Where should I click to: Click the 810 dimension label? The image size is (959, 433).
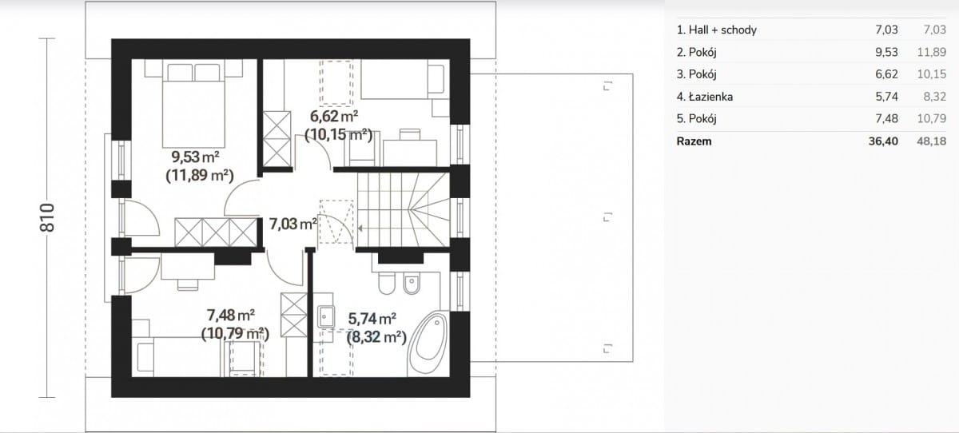pos(47,218)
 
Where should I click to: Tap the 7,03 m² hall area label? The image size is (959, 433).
pos(292,224)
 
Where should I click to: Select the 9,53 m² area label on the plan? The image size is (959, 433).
pos(195,157)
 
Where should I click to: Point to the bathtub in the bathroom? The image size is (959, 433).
pos(428,344)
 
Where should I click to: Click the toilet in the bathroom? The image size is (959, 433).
pos(387,283)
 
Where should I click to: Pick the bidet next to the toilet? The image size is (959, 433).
pos(412,283)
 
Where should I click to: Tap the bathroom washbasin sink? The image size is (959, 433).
pos(326,316)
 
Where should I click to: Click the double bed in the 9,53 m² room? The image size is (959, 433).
pos(193,104)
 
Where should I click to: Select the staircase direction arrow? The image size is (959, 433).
pos(360,228)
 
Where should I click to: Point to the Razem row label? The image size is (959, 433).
pos(694,141)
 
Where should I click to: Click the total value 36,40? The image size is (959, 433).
pos(883,141)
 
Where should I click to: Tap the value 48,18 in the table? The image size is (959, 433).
pos(932,141)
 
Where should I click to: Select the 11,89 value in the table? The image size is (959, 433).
pos(932,52)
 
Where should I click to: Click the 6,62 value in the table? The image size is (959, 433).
pos(886,74)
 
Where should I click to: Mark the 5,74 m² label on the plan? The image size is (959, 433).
pos(372,319)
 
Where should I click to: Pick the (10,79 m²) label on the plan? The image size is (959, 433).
pos(236,334)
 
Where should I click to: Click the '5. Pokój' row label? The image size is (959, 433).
pos(697,118)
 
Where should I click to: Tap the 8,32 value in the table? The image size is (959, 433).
pos(935,97)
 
